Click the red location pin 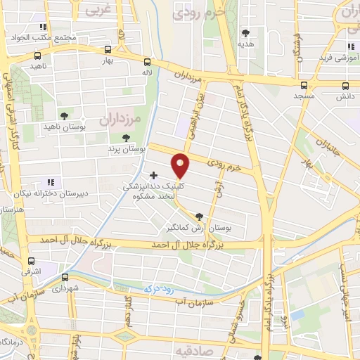[x=181, y=166]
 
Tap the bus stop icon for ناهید [x=38, y=55]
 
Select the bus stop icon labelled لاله [x=146, y=61]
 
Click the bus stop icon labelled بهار [x=108, y=49]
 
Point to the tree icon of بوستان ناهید [x=64, y=115]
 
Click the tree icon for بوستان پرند [x=126, y=138]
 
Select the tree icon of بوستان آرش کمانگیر [x=199, y=217]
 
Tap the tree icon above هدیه [x=245, y=33]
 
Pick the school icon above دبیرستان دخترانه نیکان [x=50, y=164]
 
